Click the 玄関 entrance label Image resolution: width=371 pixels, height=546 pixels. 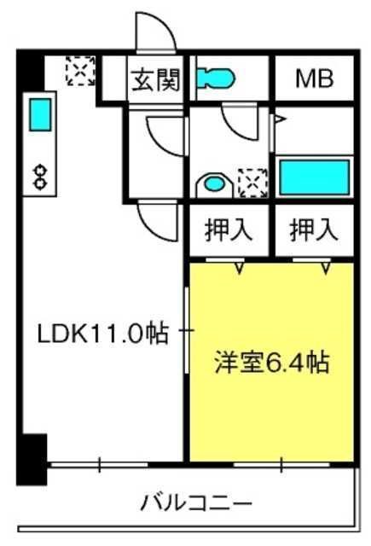[156, 79]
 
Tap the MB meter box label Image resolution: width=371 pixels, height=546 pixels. [314, 79]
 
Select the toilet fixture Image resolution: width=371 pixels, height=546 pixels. [216, 78]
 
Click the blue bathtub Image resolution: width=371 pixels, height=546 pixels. [315, 177]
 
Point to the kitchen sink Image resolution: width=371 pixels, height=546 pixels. [40, 114]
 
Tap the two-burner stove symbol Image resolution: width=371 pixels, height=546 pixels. [40, 177]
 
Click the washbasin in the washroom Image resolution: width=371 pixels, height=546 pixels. [214, 184]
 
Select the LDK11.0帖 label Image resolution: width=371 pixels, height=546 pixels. [103, 334]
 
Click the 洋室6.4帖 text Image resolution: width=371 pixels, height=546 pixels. [271, 363]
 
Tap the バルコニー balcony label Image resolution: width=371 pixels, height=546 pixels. [196, 502]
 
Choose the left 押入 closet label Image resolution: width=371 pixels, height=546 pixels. [228, 229]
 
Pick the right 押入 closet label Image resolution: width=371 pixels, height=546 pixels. [314, 229]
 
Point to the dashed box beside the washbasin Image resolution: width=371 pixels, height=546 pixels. [253, 183]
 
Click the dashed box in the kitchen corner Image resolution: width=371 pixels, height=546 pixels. [80, 71]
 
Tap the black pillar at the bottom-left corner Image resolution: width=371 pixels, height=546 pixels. [32, 459]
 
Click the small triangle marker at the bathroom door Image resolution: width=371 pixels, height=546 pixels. [280, 119]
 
